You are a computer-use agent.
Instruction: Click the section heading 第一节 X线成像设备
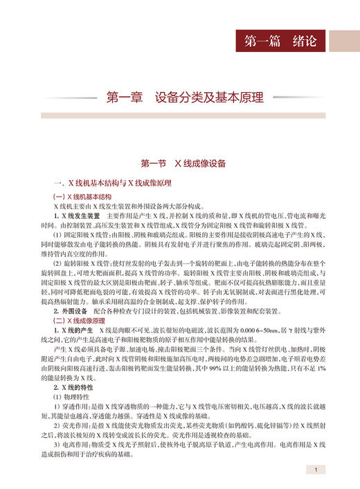click(179, 164)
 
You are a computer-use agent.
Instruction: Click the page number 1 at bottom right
click(315, 470)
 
